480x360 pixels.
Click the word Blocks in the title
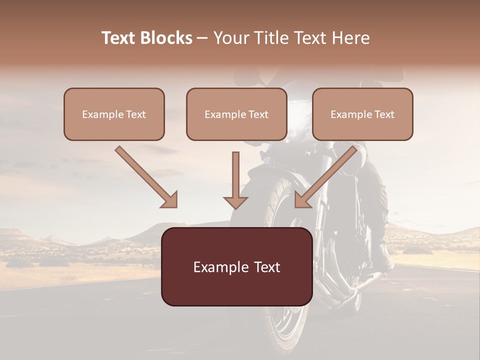click(x=166, y=38)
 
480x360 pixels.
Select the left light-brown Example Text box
click(x=114, y=114)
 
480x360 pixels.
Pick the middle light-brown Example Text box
click(x=236, y=114)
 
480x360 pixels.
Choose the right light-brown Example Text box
click(x=362, y=114)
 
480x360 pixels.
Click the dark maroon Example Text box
click(x=236, y=266)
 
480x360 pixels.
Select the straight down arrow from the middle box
click(x=235, y=180)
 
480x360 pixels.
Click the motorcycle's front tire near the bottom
click(x=280, y=340)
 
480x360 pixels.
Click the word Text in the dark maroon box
click(x=265, y=267)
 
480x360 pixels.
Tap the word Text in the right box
click(x=384, y=114)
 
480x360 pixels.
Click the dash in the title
click(x=202, y=38)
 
